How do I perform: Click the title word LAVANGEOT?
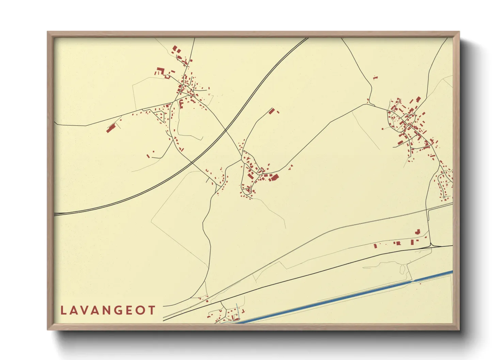click(x=108, y=310)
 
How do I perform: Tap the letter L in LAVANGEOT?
click(x=63, y=310)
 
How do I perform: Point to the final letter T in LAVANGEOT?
click(x=152, y=310)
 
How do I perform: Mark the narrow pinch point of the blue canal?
click(x=413, y=281)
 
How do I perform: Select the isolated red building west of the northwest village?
click(x=110, y=128)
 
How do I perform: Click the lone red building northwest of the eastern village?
click(x=375, y=78)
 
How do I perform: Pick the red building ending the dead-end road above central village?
click(x=271, y=111)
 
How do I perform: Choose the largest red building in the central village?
click(x=274, y=178)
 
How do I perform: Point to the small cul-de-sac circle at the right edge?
click(x=444, y=197)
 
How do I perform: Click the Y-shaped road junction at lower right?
click(x=431, y=245)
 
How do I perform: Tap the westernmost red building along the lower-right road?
click(x=375, y=245)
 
